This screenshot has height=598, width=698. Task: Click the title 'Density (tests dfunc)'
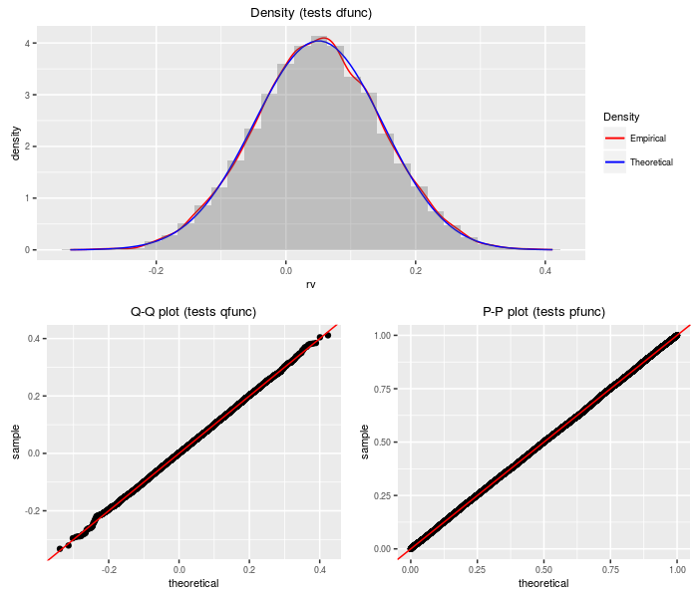[310, 12]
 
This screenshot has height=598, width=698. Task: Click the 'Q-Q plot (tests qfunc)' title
[193, 312]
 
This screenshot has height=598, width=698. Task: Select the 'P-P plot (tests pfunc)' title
[543, 312]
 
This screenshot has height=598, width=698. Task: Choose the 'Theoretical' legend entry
[651, 161]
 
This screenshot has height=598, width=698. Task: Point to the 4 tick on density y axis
[28, 44]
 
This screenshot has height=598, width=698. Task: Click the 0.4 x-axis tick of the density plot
[545, 270]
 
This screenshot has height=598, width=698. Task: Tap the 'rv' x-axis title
[310, 284]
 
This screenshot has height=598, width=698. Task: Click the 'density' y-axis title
[15, 143]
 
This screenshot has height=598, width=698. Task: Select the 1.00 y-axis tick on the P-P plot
[383, 336]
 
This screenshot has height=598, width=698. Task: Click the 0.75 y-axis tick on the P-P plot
[383, 389]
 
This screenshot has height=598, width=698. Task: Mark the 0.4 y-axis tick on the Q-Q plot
[33, 339]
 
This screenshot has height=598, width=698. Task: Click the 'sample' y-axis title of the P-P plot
[364, 443]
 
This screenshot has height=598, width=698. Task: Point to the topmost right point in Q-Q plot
[328, 335]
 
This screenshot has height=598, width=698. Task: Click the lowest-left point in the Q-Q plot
[59, 548]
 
